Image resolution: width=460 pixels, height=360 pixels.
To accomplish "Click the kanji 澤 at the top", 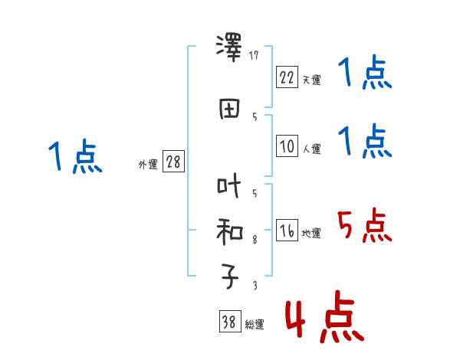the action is [x=229, y=48].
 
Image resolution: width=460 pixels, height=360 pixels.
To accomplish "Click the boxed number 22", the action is [x=287, y=77].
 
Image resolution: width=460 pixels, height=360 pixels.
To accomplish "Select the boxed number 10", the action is [x=287, y=146].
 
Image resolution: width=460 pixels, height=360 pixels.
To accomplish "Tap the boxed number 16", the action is [x=287, y=231].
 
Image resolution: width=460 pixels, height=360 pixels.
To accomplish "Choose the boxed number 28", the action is [x=173, y=162].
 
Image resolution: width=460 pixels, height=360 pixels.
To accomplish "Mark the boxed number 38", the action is [x=228, y=322].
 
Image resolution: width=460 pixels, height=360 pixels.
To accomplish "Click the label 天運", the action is [x=312, y=80].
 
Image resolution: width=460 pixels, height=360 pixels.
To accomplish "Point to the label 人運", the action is [x=312, y=149].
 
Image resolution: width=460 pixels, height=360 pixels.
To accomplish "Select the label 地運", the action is [x=312, y=234].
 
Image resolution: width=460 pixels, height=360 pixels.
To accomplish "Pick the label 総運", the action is [x=255, y=326].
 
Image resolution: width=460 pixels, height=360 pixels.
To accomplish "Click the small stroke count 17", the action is [x=255, y=55].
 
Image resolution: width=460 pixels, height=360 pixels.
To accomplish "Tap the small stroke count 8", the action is [x=255, y=240].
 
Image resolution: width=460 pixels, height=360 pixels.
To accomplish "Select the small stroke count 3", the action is [x=255, y=286].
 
